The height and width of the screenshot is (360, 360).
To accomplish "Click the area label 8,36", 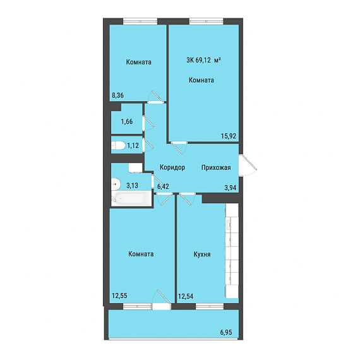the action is (117, 95).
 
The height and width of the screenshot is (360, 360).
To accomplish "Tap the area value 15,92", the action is (229, 136).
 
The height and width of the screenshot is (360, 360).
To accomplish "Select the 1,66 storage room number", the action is (127, 121).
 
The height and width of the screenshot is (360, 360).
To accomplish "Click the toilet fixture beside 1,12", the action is (118, 145).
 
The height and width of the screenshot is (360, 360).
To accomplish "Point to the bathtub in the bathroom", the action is (131, 198).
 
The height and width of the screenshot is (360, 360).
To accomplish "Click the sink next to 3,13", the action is (116, 184).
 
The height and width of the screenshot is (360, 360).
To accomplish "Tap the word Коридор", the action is (172, 167).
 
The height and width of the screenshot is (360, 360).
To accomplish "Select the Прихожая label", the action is (216, 167).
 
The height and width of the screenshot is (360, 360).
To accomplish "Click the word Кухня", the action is (202, 254).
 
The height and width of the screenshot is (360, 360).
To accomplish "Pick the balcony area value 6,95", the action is (228, 332).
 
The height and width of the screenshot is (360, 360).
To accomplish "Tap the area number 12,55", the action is (119, 296).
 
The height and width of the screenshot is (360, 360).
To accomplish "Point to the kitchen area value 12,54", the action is (186, 296).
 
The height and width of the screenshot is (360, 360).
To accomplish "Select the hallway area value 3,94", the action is (231, 188).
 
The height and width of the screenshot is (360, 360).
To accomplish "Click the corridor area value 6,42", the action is (163, 186).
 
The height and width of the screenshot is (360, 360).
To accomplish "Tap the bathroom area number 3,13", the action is (132, 185).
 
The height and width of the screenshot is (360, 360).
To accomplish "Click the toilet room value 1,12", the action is (133, 145).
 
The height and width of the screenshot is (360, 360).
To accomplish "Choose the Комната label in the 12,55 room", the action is (141, 254).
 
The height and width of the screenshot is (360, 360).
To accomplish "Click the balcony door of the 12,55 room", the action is (162, 299).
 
